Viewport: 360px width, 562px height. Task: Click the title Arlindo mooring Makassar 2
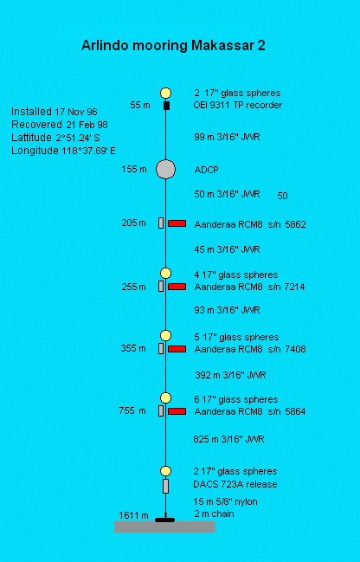tap(173, 46)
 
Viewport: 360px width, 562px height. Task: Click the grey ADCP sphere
tap(165, 169)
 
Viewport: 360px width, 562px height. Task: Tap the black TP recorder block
tap(166, 106)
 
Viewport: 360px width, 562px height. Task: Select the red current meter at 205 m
tap(177, 223)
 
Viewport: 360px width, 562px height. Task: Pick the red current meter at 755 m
tap(177, 411)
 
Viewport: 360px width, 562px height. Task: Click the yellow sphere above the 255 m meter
tap(165, 273)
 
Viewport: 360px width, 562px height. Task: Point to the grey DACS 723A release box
tap(165, 486)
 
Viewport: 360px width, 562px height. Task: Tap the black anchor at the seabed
tap(164, 520)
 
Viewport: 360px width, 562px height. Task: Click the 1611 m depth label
tap(133, 515)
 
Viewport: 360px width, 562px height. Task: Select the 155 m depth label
tap(134, 169)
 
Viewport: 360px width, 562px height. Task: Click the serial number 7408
tap(296, 349)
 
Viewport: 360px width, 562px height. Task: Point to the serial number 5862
tap(296, 224)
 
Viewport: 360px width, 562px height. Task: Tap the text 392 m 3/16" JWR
tap(230, 375)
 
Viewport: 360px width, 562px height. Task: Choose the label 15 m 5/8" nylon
tap(225, 501)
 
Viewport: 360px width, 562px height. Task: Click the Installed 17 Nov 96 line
tap(55, 112)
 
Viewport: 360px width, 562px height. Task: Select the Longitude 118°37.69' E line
tap(63, 151)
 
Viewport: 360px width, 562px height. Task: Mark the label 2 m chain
tap(215, 514)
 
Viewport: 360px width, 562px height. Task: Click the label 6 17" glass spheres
tap(236, 399)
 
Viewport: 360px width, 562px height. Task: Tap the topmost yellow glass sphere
tap(165, 94)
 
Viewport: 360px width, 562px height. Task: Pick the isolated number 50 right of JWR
tap(283, 196)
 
